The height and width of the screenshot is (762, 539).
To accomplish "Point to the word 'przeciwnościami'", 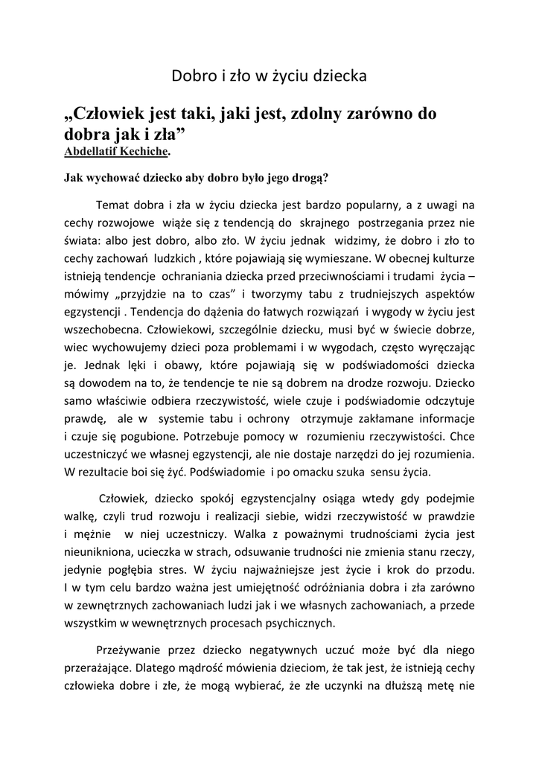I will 332,276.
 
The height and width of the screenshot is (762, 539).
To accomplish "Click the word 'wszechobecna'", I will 102,330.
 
